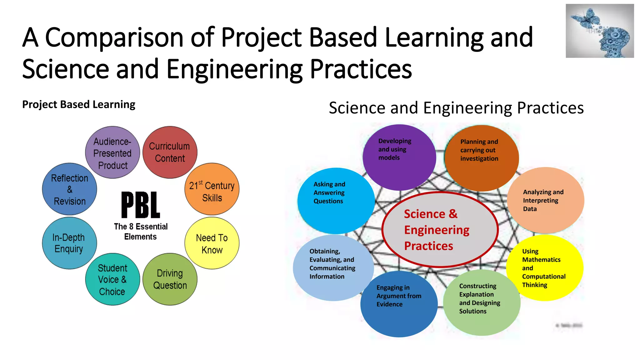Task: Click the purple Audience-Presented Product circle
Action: (x=112, y=152)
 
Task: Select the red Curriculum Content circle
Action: (x=170, y=152)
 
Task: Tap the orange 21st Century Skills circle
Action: (x=212, y=189)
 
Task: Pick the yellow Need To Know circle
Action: (x=212, y=243)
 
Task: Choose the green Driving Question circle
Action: (x=170, y=279)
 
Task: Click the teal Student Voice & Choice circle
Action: (x=112, y=279)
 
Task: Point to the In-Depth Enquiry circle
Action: (x=69, y=243)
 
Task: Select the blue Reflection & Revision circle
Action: (x=69, y=189)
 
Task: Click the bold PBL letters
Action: (x=141, y=205)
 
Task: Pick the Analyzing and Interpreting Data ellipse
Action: (x=545, y=200)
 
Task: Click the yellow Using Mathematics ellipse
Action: (x=545, y=268)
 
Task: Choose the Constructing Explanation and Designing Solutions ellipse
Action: (x=482, y=302)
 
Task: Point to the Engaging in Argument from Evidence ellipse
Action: (x=399, y=304)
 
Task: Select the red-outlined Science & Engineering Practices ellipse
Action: (x=440, y=230)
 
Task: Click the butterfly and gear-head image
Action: (x=600, y=31)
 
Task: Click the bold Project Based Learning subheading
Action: (x=79, y=104)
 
